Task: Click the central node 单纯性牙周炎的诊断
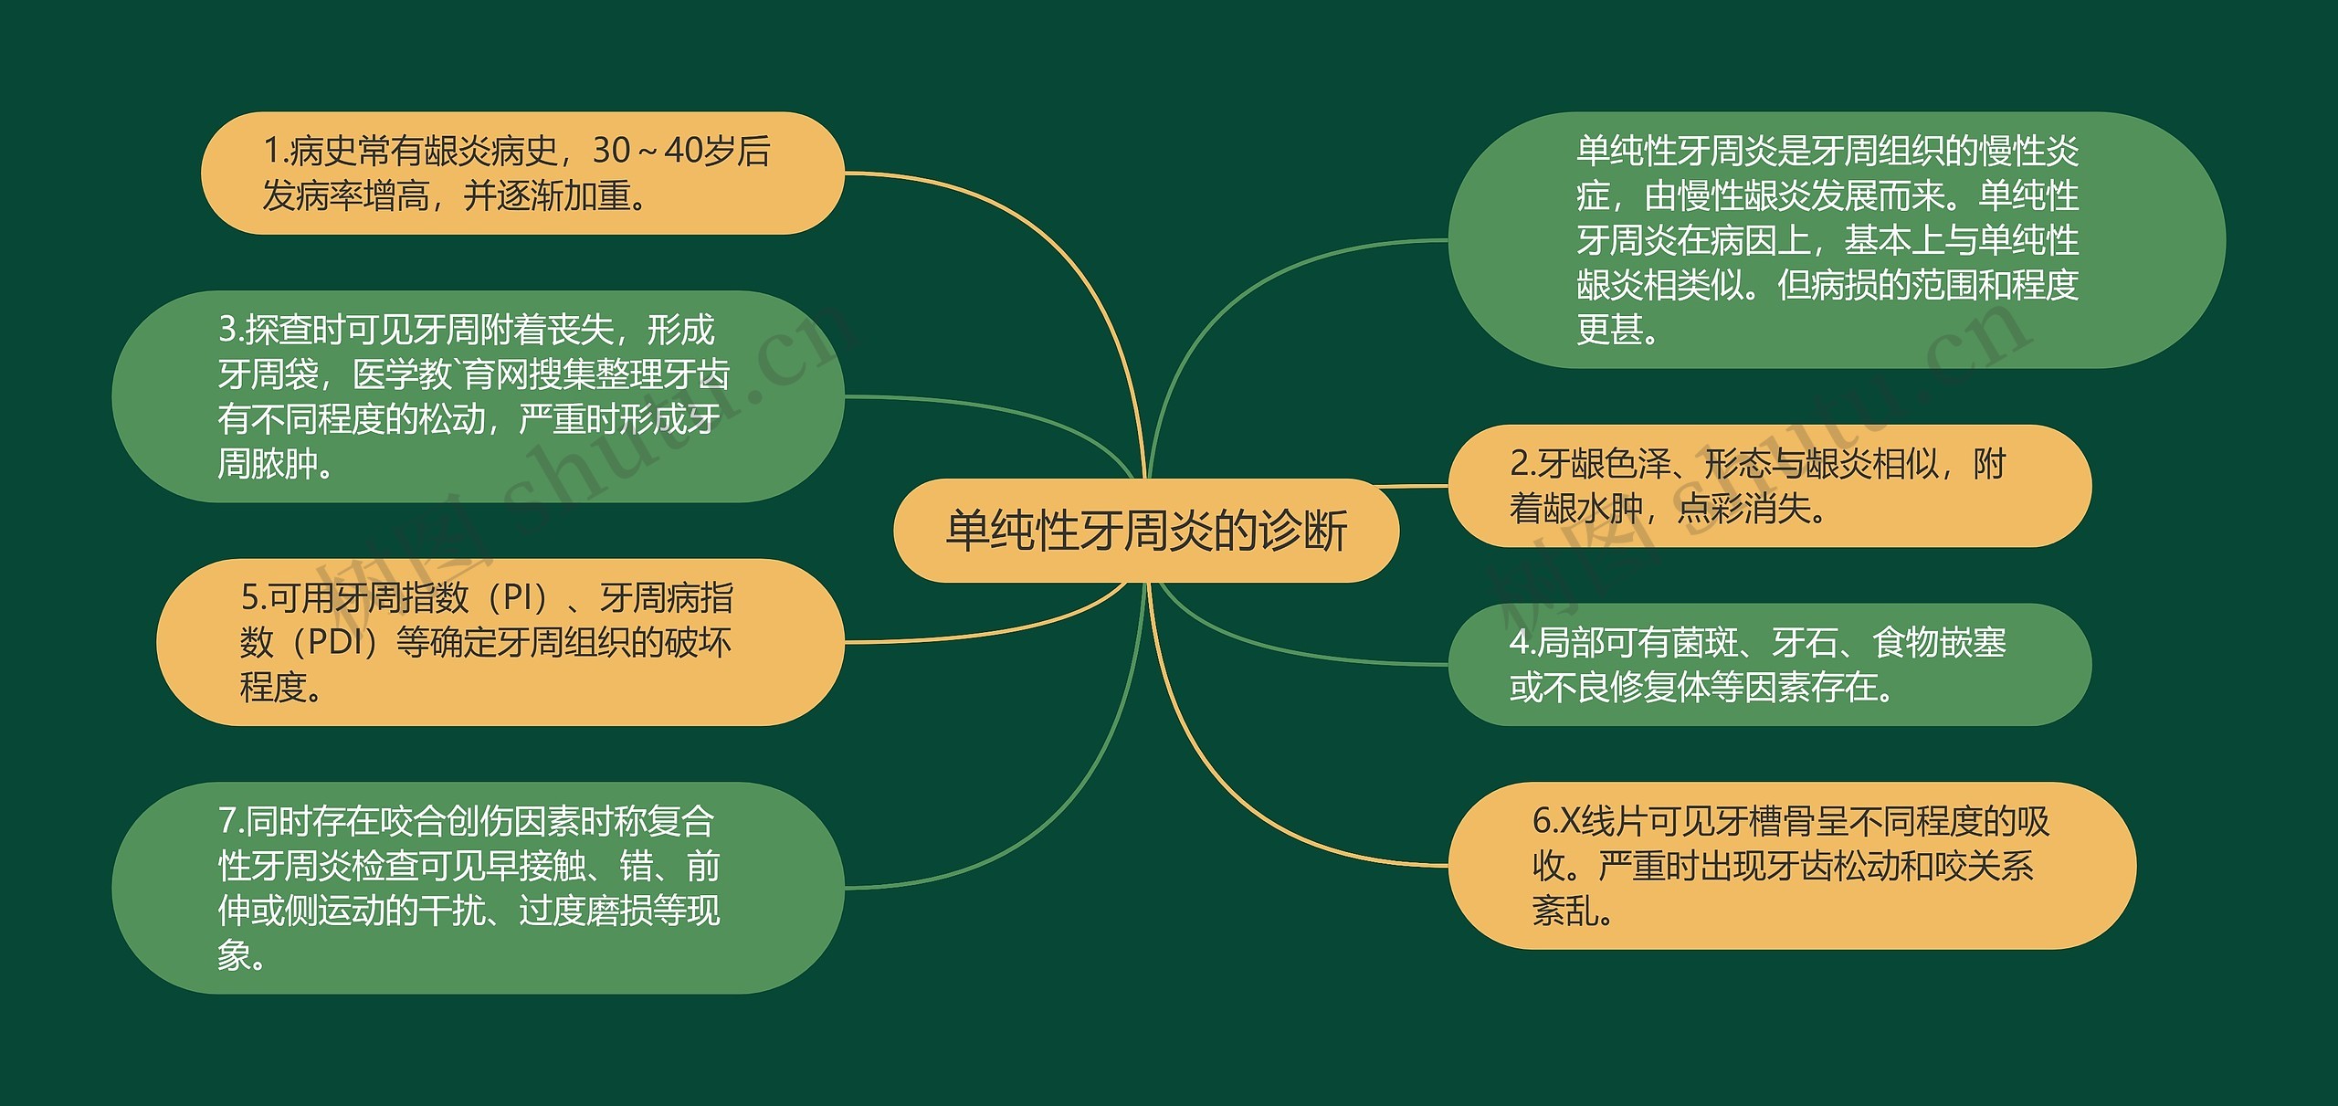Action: point(1145,531)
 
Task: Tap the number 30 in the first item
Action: point(611,151)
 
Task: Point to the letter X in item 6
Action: point(1568,822)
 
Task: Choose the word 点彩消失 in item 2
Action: point(1743,509)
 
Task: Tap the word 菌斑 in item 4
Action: point(1704,643)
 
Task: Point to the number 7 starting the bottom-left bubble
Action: point(227,822)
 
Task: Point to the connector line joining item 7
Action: point(1050,804)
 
